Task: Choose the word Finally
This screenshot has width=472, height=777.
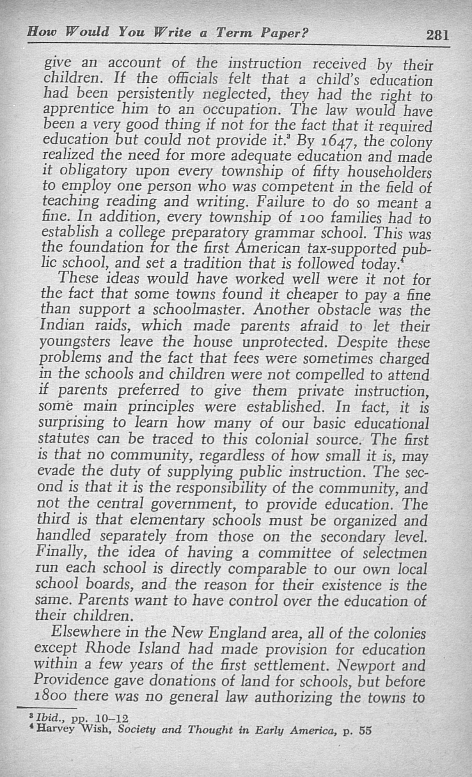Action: pos(60,552)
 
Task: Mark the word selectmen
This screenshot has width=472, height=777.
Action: pos(395,553)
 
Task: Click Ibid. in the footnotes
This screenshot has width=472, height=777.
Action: pos(48,719)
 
